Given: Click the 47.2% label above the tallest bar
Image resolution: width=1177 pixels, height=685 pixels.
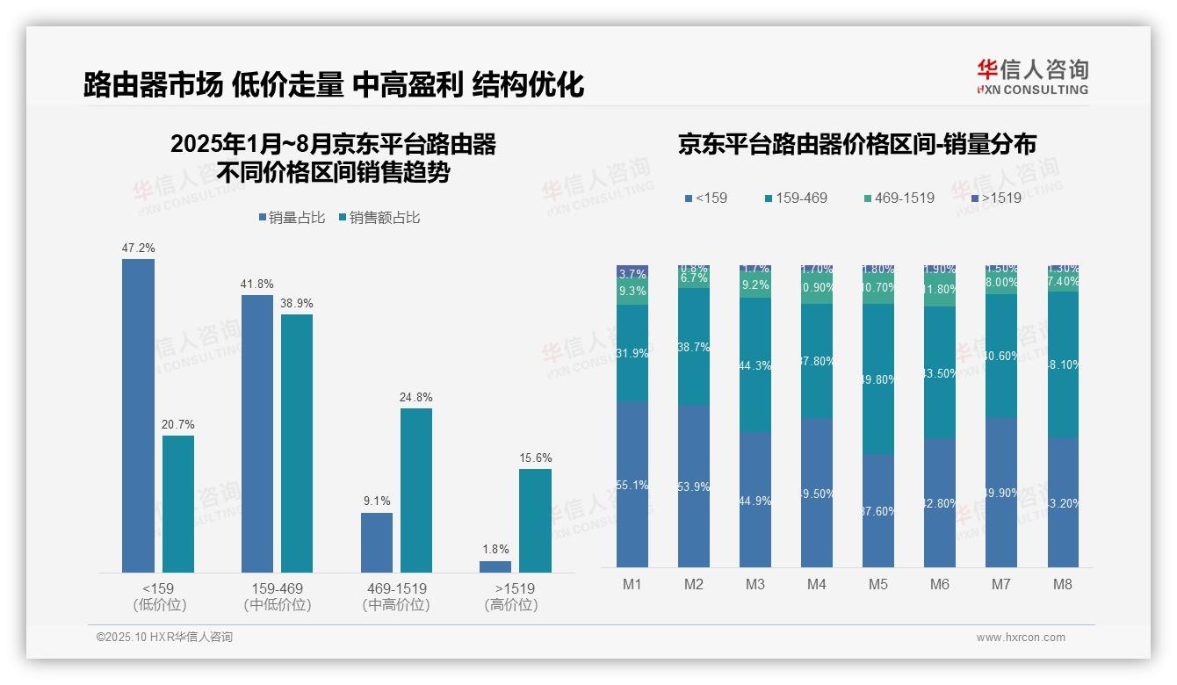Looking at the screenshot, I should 138,249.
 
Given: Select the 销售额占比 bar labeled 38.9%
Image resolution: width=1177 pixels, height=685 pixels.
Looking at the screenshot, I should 297,443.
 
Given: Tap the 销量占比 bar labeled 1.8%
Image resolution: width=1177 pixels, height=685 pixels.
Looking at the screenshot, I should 495,566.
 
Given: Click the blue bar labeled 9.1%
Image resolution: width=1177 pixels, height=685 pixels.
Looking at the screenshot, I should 377,542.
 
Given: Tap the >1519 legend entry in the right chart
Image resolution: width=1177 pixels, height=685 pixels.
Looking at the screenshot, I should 996,198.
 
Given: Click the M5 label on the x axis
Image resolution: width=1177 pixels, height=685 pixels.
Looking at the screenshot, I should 878,584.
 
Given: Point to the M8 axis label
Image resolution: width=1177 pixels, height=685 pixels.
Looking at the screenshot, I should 1062,584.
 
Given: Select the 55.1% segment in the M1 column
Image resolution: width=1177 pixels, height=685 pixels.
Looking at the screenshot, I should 632,484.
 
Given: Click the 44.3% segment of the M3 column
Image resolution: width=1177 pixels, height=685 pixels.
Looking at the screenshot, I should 755,364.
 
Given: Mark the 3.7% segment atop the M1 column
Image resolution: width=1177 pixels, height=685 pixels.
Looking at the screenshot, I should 632,273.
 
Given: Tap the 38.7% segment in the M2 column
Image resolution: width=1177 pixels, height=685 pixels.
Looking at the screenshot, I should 694,347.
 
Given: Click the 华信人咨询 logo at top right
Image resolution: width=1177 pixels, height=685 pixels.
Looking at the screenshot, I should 1032,76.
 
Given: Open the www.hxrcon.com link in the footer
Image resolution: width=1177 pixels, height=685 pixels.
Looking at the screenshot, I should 1021,638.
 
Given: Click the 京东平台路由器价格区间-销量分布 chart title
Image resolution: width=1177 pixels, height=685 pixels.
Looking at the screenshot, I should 856,144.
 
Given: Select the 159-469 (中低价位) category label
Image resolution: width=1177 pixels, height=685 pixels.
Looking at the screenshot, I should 278,596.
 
